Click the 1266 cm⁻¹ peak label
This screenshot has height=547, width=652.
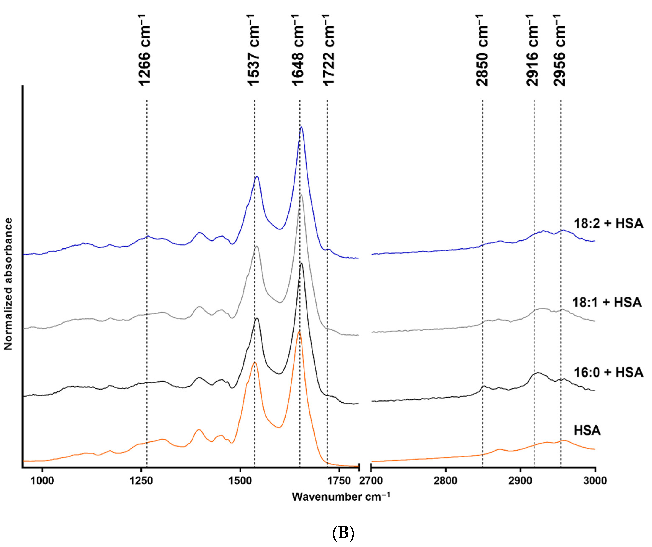pos(144,50)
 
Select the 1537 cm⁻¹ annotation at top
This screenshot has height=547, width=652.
pos(253,50)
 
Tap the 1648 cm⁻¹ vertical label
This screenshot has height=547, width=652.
pos(298,50)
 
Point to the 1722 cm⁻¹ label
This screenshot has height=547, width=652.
pos(328,50)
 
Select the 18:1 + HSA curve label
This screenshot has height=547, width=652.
pos(607,302)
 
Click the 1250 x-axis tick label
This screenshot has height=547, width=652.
pos(141,481)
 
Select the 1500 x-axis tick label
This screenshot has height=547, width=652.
pos(240,481)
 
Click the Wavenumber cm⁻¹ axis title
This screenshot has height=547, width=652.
pos(341,497)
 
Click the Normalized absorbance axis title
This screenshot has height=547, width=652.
pos(8,284)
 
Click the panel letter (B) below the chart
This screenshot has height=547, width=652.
pos(343,533)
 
